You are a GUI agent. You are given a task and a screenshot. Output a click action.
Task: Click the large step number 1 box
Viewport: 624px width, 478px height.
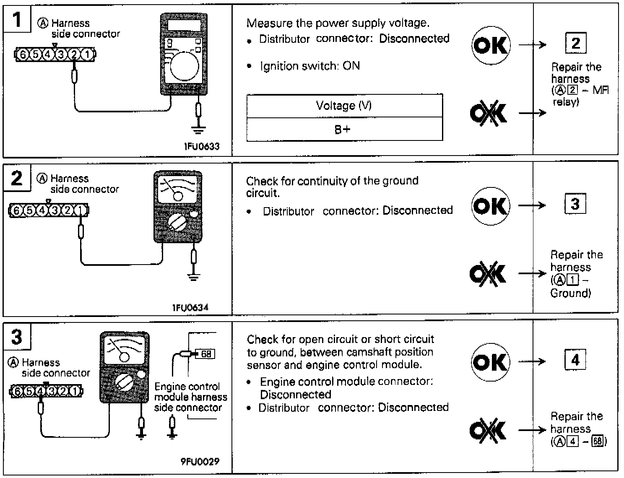tap(17, 19)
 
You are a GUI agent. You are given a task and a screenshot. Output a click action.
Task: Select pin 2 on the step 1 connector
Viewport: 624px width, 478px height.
tap(74, 55)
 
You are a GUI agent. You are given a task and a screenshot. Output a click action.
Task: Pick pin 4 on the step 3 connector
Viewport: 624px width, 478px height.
tap(40, 392)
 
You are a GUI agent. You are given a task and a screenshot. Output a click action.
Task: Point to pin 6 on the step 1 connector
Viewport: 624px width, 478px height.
tap(23, 55)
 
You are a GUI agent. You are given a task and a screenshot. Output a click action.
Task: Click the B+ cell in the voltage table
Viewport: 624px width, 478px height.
tap(344, 129)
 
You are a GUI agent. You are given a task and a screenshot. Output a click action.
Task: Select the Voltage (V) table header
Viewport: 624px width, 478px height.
tap(344, 105)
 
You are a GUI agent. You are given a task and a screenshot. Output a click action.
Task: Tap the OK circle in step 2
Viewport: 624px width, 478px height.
tap(490, 206)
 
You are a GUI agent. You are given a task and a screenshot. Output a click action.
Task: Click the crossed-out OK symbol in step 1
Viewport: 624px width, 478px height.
tap(489, 113)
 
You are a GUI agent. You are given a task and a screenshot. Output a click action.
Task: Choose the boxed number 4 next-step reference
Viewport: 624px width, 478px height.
tap(575, 360)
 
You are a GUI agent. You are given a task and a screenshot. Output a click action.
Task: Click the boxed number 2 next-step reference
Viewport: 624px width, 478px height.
tap(575, 43)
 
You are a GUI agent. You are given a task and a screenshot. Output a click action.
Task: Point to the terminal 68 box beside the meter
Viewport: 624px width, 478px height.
tap(205, 354)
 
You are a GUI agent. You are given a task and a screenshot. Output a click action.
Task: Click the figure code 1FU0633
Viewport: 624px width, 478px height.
tap(201, 146)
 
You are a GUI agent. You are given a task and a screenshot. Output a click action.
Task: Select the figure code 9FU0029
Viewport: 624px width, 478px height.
tap(200, 462)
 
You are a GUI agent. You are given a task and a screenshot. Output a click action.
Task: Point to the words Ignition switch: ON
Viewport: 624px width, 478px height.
tap(309, 66)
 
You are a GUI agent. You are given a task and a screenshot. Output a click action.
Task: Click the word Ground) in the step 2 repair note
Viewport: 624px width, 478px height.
tap(570, 293)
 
